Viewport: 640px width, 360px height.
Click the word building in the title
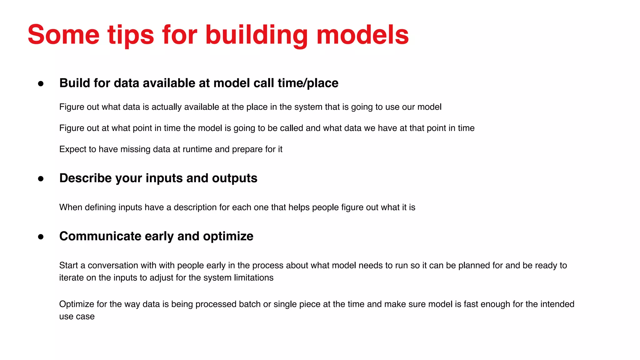point(256,35)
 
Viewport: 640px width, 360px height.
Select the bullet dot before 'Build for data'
point(41,83)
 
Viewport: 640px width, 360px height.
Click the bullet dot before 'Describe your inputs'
point(41,178)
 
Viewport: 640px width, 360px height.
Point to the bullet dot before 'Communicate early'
point(41,237)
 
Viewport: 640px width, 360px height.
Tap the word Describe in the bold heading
point(85,178)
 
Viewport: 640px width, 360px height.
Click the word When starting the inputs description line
point(71,207)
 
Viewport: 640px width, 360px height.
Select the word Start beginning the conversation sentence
point(68,265)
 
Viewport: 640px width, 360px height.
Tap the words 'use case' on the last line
point(77,317)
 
